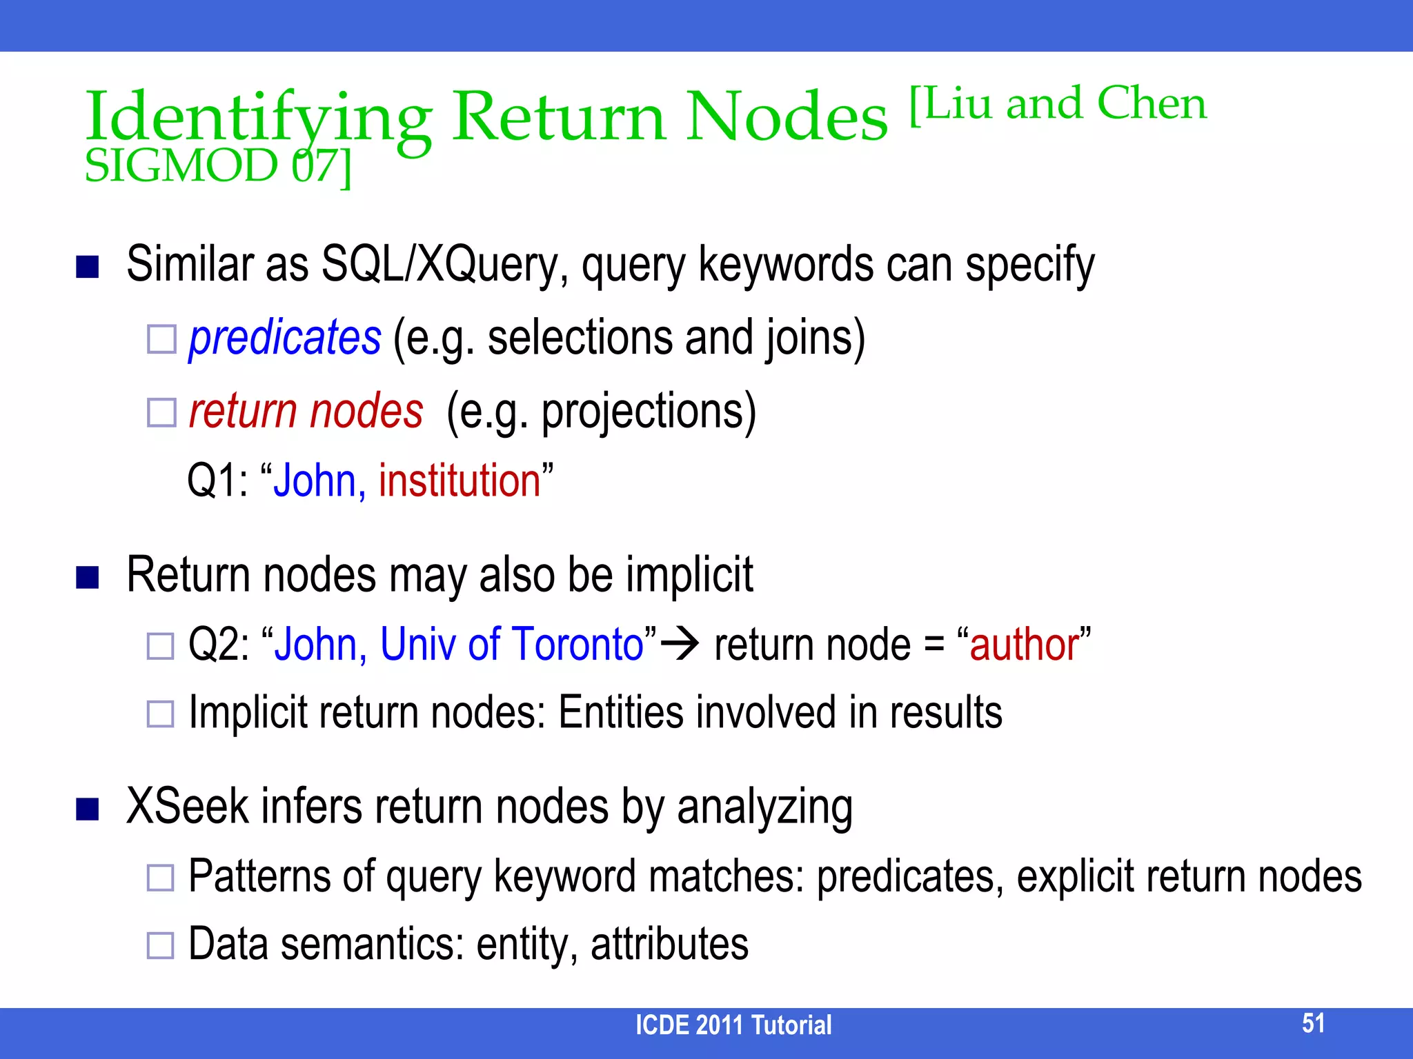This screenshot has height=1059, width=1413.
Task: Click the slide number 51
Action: pyautogui.click(x=1313, y=1023)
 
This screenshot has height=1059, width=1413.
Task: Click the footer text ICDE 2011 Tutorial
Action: pyautogui.click(x=733, y=1025)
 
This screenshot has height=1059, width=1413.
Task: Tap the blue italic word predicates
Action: pyautogui.click(x=285, y=338)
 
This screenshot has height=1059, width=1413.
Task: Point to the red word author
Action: pyautogui.click(x=1025, y=645)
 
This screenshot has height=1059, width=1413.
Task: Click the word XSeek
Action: pyautogui.click(x=188, y=807)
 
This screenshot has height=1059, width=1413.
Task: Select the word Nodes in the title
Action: pyautogui.click(x=787, y=117)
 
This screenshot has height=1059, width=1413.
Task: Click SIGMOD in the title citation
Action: pyautogui.click(x=181, y=167)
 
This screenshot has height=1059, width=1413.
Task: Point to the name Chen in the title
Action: pyautogui.click(x=1152, y=103)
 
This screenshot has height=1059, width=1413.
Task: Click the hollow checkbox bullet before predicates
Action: pyautogui.click(x=161, y=339)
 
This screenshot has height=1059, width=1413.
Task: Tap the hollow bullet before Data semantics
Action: pyautogui.click(x=161, y=945)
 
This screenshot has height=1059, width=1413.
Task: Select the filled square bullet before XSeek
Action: pyautogui.click(x=88, y=809)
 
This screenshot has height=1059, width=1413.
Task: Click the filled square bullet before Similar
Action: pyautogui.click(x=88, y=266)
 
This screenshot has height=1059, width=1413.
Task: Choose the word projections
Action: pyautogui.click(x=649, y=412)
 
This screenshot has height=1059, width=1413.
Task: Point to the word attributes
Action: pyautogui.click(x=669, y=944)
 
